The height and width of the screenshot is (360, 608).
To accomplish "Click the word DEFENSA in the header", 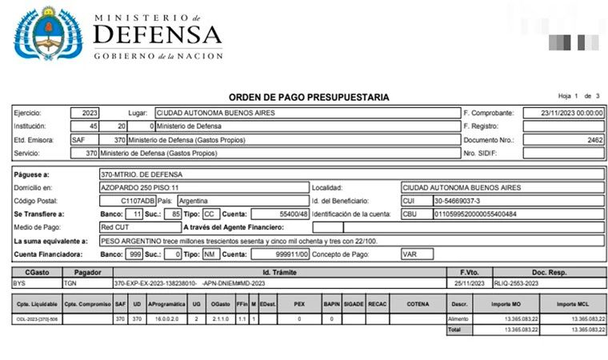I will [158, 34].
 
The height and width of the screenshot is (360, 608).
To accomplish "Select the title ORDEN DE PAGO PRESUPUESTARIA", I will [309, 97].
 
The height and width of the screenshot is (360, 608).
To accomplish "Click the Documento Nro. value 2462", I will [593, 138].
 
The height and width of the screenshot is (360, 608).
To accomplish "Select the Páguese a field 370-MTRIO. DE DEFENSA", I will [141, 174].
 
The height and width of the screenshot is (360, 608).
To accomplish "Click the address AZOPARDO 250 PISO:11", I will [140, 187].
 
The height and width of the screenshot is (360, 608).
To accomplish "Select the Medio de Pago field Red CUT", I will [118, 227].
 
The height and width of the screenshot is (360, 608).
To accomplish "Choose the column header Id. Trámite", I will [279, 272].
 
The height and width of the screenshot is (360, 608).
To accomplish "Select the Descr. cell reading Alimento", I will [459, 318].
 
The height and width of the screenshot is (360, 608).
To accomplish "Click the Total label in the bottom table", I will [455, 329].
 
